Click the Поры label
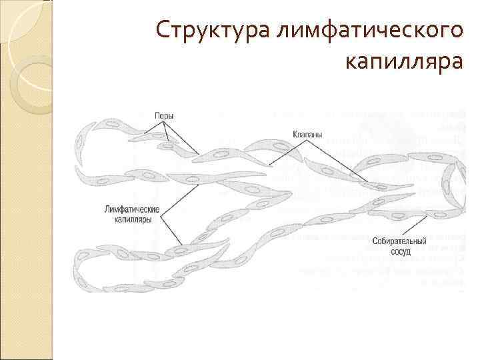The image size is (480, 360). coord(164,115)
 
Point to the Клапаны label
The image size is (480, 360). coord(307,134)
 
